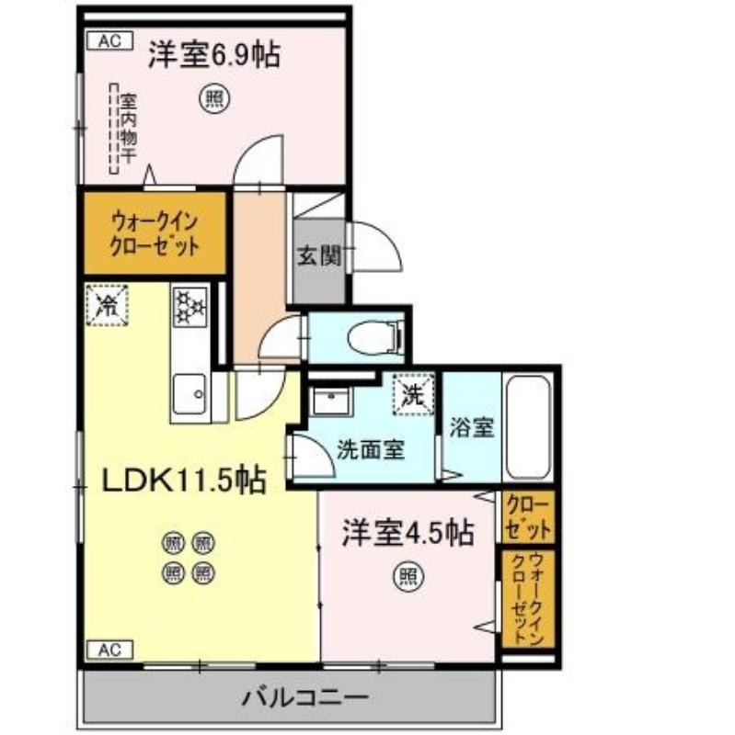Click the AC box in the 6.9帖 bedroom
click(110, 40)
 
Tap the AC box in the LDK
click(110, 650)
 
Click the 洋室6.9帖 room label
click(214, 55)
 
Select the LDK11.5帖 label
click(184, 480)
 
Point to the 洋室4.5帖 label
click(408, 533)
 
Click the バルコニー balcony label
click(304, 697)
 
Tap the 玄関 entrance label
click(319, 256)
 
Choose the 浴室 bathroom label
click(472, 427)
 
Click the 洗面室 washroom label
click(371, 449)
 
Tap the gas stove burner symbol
click(190, 307)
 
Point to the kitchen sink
click(189, 394)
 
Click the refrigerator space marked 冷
click(107, 305)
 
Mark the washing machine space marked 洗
click(414, 394)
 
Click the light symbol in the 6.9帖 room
click(215, 99)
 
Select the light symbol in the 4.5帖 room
click(408, 576)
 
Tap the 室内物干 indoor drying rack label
click(128, 128)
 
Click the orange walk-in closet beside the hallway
click(155, 233)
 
